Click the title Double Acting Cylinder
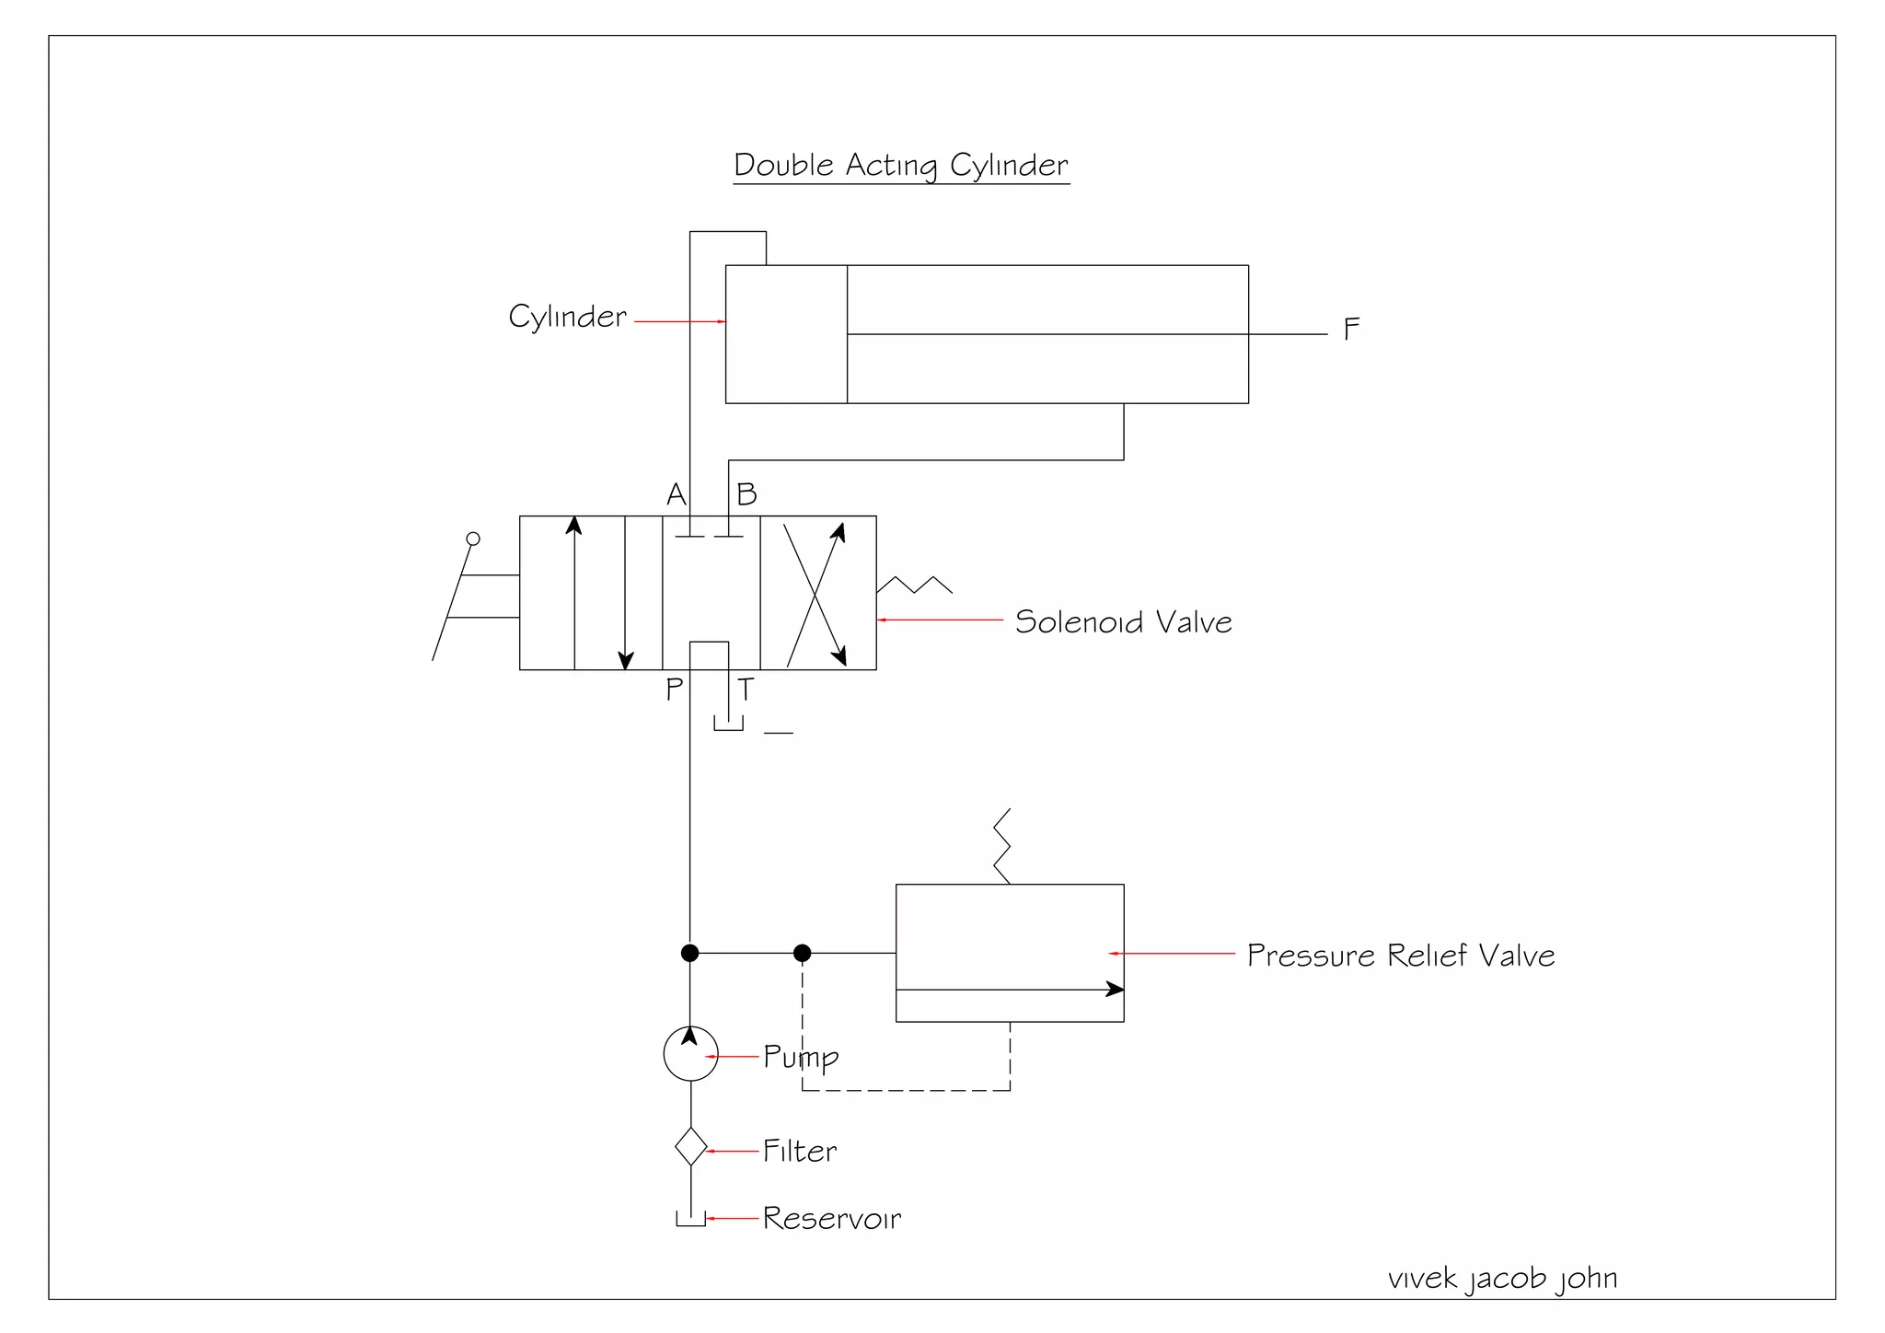click(900, 166)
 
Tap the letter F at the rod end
click(1351, 330)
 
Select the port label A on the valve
click(677, 495)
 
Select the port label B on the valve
click(746, 495)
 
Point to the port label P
click(675, 689)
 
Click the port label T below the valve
click(746, 689)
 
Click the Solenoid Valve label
click(1123, 622)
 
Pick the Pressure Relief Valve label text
click(1400, 956)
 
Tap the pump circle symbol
click(690, 1054)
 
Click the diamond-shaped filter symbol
click(690, 1147)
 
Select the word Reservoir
click(832, 1219)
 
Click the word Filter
click(800, 1152)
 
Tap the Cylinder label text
click(567, 318)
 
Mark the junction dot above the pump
click(689, 953)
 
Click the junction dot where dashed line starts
click(802, 953)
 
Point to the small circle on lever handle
click(473, 539)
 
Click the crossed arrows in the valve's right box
click(815, 594)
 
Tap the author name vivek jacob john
click(1502, 1279)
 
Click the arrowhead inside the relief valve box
click(1115, 990)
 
